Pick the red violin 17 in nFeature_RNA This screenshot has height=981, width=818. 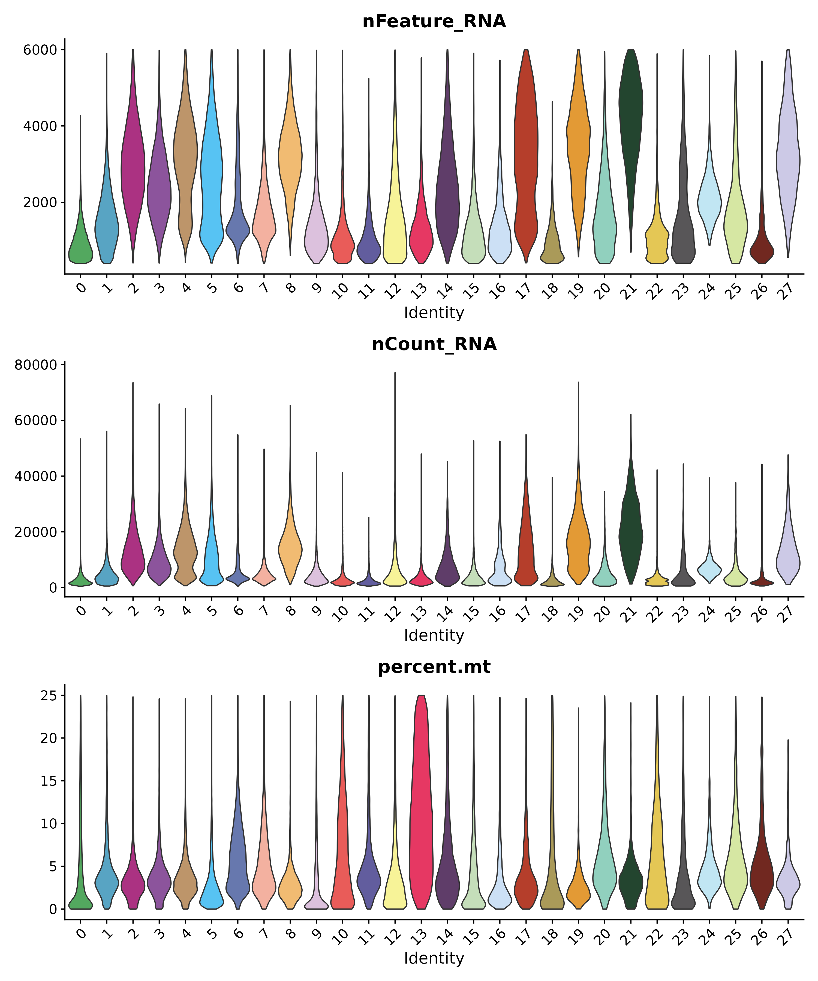[x=526, y=154]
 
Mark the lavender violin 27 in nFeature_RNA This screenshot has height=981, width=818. [x=788, y=154]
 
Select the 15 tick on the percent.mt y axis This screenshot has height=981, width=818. [x=47, y=781]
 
